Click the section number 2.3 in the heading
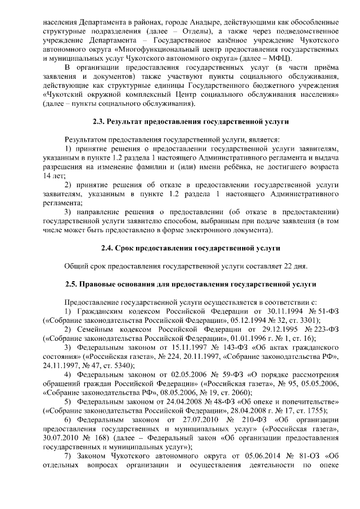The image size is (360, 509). pyautogui.click(x=98, y=121)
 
